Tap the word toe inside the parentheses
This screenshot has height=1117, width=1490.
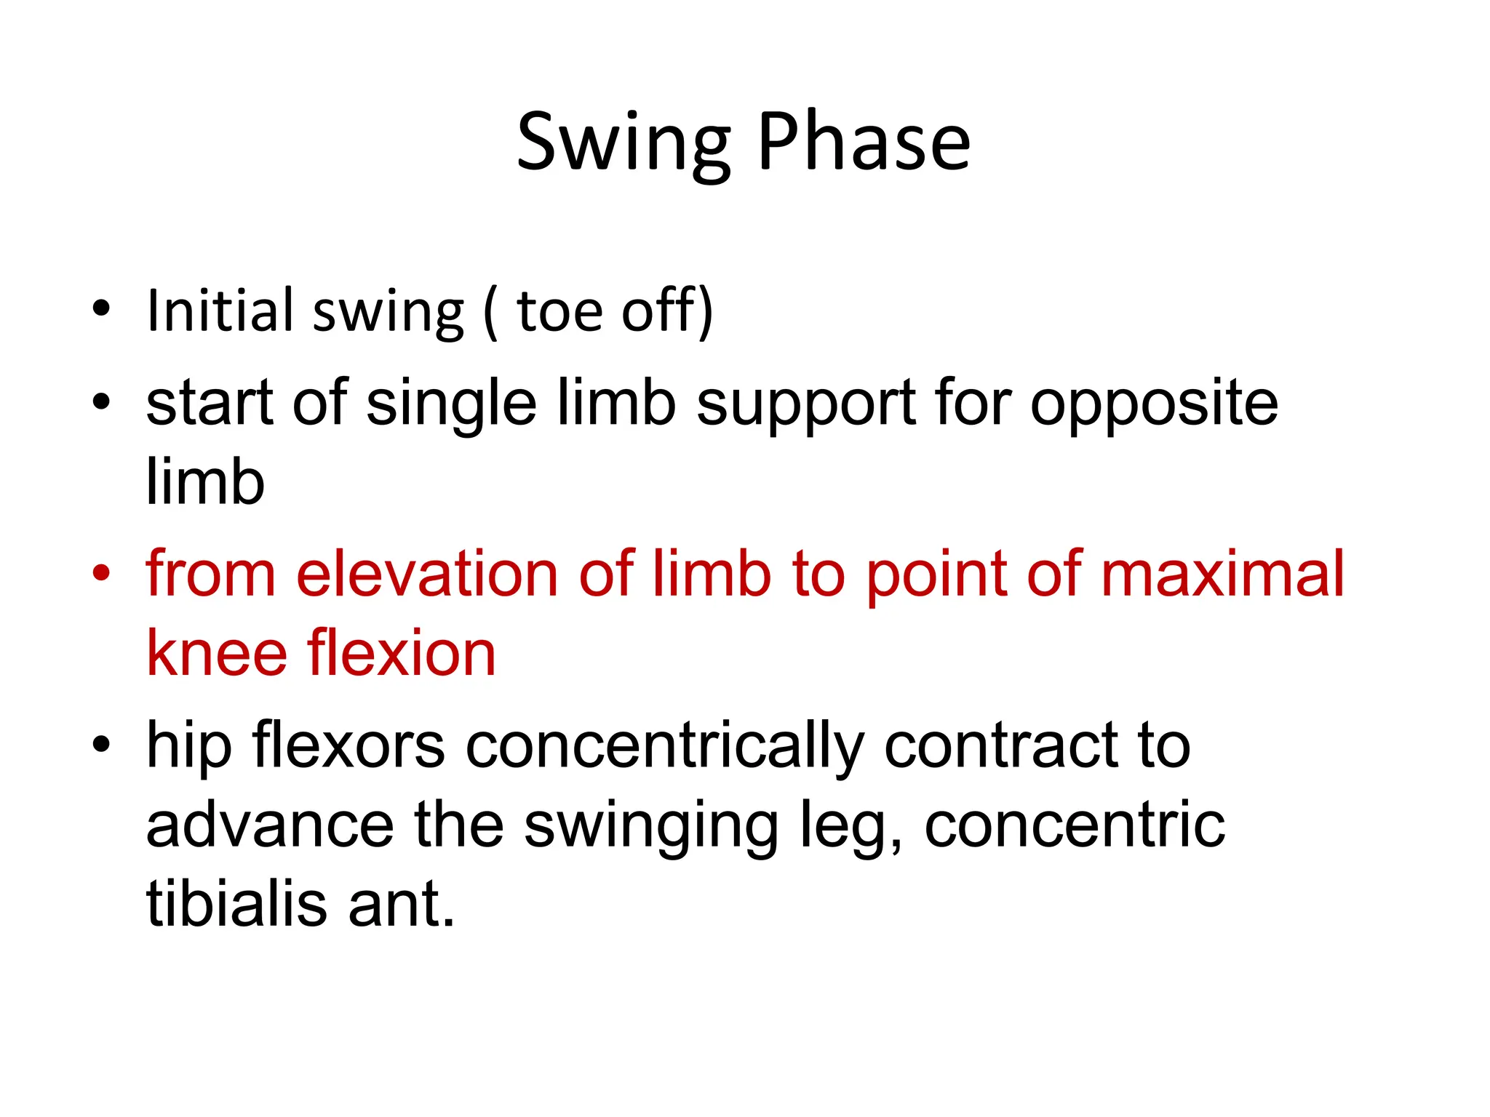[x=559, y=311]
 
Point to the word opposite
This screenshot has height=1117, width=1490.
[x=1154, y=404]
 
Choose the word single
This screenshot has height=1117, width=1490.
[x=451, y=404]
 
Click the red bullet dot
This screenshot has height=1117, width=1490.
[x=101, y=573]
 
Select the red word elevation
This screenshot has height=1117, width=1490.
[x=427, y=574]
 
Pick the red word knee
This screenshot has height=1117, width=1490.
[x=217, y=653]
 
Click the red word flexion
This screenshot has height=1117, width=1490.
[x=402, y=653]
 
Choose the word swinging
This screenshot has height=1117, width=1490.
[x=651, y=826]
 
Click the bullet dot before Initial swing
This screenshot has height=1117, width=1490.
[x=101, y=308]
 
